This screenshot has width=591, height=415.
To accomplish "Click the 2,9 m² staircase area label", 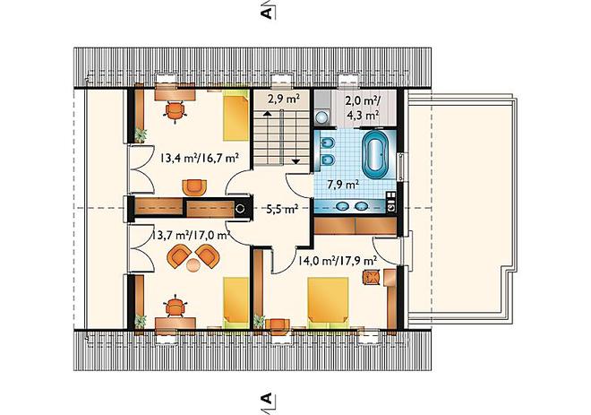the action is [x=284, y=99].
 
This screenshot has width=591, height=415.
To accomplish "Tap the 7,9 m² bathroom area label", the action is [x=342, y=185].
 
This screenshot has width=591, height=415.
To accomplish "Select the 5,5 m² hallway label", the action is [x=282, y=209].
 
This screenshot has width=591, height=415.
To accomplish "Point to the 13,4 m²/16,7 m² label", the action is [x=200, y=158].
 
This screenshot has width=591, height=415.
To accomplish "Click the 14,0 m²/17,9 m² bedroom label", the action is [x=338, y=260].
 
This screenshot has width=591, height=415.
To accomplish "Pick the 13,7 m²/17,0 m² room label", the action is [x=191, y=236].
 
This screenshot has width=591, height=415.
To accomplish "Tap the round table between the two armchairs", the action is [x=193, y=265].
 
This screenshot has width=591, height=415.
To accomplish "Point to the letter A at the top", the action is [x=266, y=13].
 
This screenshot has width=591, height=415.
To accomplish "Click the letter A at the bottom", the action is [x=266, y=398].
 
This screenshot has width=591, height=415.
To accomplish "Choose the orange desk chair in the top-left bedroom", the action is [x=176, y=111].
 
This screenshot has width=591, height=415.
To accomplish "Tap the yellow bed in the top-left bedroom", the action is [x=236, y=118].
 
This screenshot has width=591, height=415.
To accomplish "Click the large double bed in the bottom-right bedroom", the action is [x=328, y=301].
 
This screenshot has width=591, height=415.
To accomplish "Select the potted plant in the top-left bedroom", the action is [x=141, y=134].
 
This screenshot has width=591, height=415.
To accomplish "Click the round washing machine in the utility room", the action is [x=321, y=117].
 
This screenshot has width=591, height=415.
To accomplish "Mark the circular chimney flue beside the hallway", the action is [x=240, y=208].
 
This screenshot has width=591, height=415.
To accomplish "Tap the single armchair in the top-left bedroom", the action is [x=194, y=187].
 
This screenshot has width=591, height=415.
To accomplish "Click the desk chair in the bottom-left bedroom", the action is [x=176, y=307].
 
